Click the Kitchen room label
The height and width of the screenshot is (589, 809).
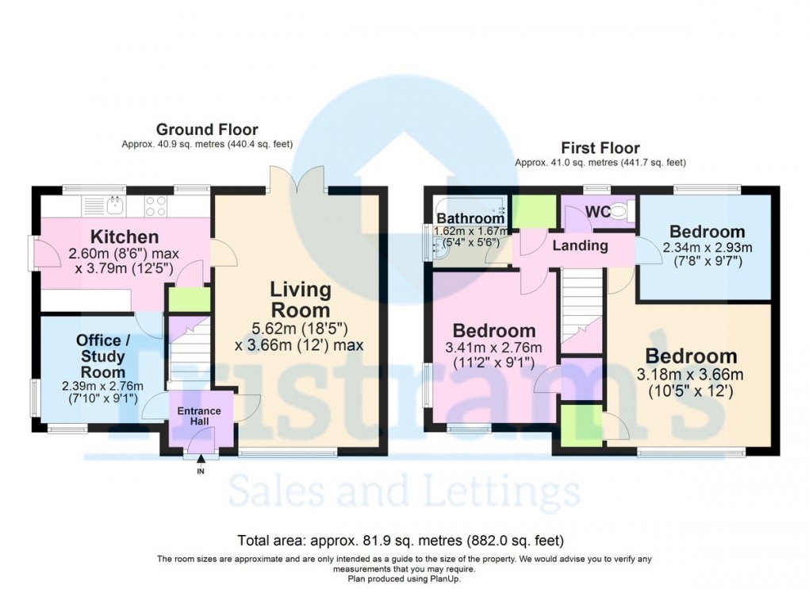click(124, 237)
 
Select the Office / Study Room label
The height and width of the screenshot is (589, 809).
click(103, 356)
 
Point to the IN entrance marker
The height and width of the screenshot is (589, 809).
click(200, 472)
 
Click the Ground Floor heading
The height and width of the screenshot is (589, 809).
click(206, 129)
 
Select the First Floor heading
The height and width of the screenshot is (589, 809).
click(600, 148)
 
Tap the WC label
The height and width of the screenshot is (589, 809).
click(597, 212)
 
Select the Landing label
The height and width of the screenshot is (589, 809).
click(580, 245)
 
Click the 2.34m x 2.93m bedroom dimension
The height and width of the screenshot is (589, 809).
click(707, 247)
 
